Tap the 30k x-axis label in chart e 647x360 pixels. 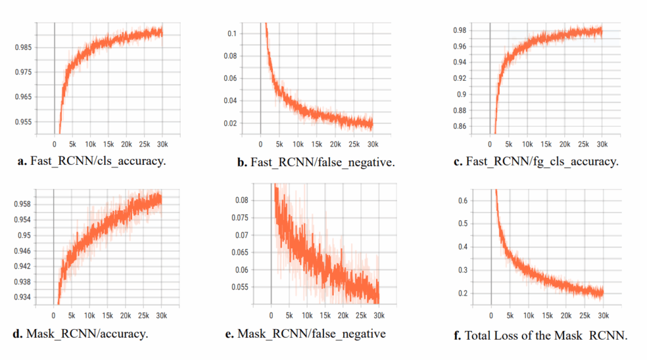[x=378, y=315]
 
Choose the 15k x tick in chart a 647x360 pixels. [x=109, y=143]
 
